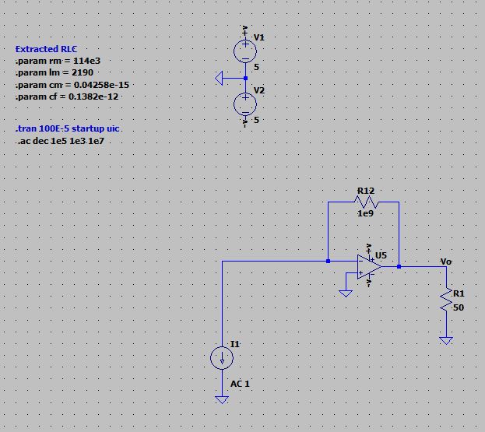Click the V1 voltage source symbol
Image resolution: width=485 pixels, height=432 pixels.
tap(245, 51)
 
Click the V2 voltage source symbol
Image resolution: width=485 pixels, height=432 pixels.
tap(245, 103)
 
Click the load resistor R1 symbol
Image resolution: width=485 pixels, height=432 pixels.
tap(446, 300)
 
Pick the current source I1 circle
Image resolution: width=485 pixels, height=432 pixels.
tap(222, 357)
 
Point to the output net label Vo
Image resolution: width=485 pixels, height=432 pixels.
tap(445, 261)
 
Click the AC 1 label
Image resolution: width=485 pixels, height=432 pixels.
tap(240, 384)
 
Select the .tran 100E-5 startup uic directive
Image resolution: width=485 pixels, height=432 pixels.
tap(68, 128)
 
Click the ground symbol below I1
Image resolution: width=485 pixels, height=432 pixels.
tap(222, 399)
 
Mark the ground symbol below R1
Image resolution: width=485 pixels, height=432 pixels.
tap(446, 340)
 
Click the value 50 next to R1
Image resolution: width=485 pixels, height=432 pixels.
tap(459, 307)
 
